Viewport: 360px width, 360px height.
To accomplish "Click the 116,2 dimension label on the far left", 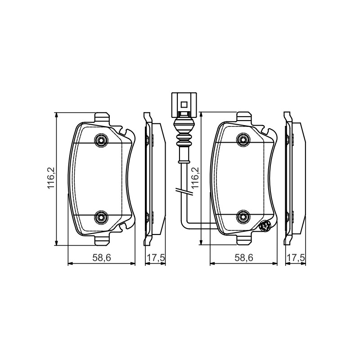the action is [51, 178].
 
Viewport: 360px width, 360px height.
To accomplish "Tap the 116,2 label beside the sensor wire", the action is [195, 178].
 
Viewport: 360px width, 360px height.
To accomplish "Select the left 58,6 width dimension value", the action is [102, 258].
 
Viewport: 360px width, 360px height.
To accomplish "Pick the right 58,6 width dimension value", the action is [244, 258].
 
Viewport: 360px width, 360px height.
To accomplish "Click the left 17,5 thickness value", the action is [156, 258].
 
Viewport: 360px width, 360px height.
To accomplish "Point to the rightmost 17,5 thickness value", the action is [296, 258].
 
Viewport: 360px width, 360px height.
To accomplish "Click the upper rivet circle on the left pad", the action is [101, 139].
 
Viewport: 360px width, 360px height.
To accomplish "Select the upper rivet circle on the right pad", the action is [243, 139].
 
